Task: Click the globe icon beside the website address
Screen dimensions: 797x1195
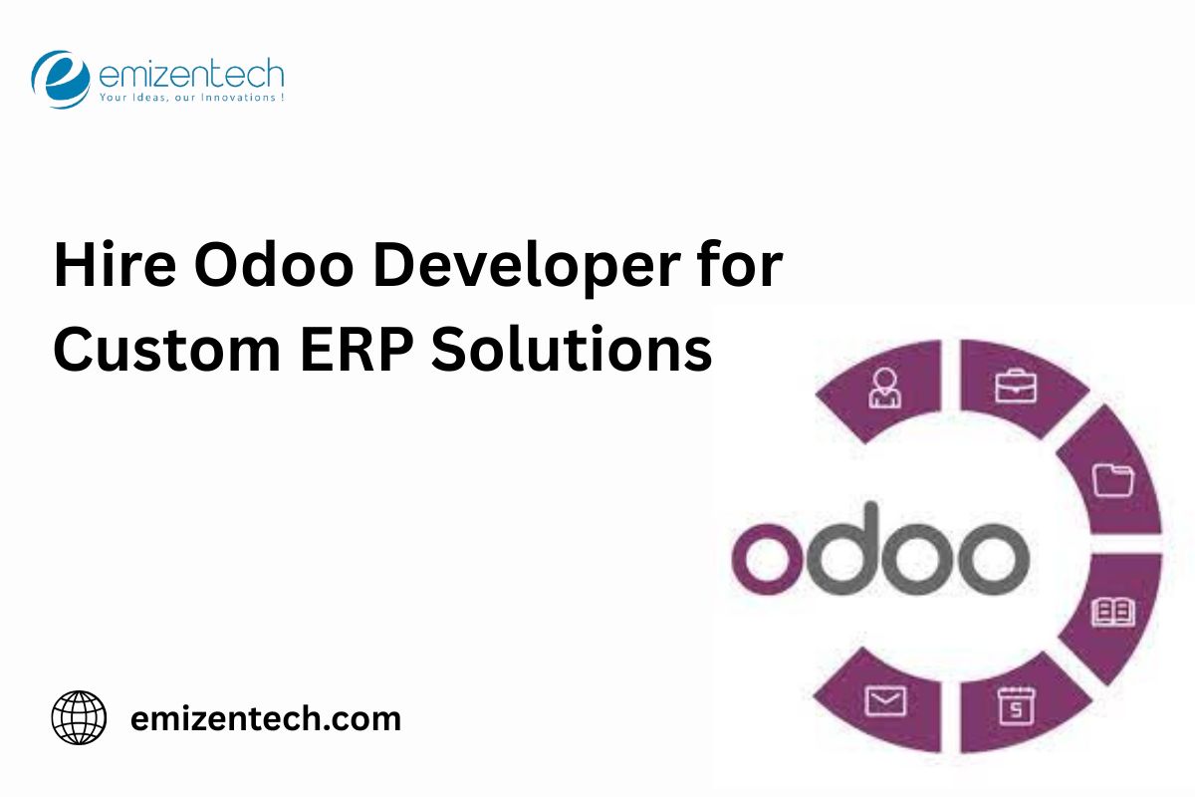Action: (79, 717)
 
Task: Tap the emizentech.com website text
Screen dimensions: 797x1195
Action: (266, 718)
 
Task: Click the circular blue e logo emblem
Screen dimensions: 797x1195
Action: (61, 79)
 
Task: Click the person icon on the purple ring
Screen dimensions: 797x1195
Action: (884, 389)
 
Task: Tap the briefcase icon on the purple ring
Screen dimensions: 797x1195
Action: (1015, 386)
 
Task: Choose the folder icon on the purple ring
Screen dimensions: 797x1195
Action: (1112, 479)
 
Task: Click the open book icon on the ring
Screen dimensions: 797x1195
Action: (1112, 611)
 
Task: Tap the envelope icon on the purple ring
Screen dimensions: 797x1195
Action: (884, 701)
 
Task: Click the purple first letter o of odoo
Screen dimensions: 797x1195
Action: (768, 557)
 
